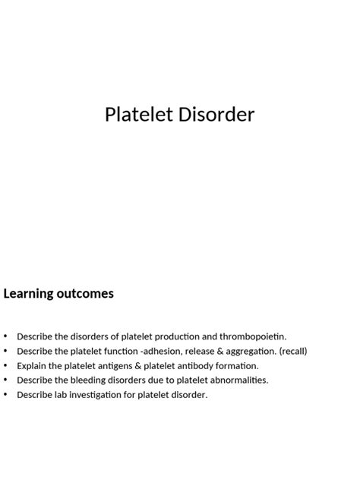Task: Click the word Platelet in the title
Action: [x=137, y=115]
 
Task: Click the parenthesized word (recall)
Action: [x=292, y=351]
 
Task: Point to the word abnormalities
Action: [x=235, y=380]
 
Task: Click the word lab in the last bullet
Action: [x=61, y=395]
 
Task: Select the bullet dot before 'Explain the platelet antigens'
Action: [x=6, y=365]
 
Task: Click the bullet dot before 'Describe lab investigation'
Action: [x=6, y=395]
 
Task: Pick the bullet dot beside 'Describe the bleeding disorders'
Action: [x=6, y=380]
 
